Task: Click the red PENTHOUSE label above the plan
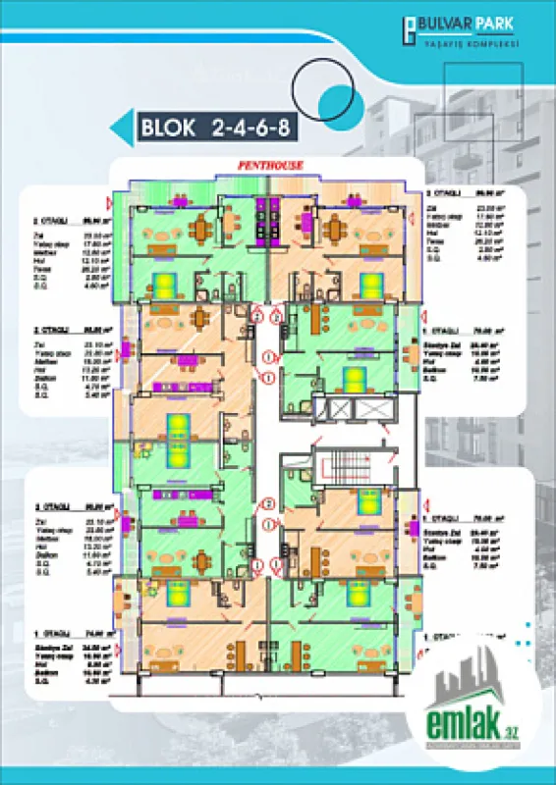pos(269,166)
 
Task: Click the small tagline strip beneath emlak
pos(468,745)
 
